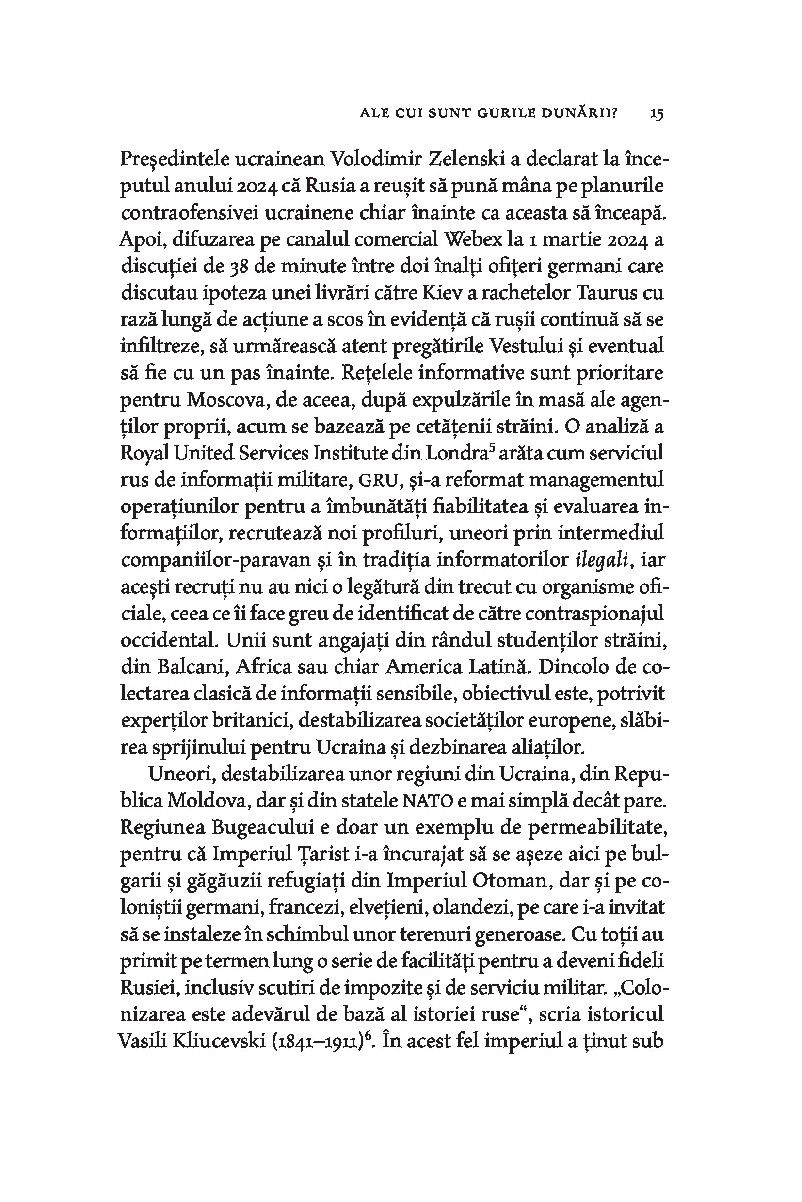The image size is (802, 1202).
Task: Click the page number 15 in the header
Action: (x=657, y=113)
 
